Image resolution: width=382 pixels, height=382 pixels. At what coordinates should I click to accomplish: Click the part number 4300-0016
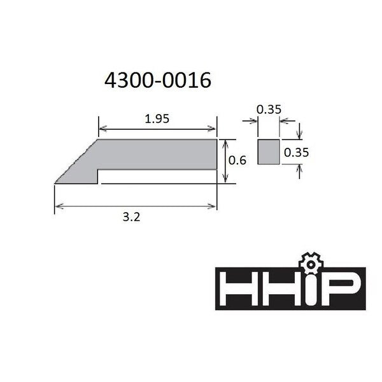(158, 80)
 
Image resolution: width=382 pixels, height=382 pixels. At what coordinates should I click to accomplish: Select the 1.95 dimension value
(157, 119)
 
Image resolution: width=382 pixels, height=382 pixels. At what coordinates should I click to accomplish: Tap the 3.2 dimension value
(131, 217)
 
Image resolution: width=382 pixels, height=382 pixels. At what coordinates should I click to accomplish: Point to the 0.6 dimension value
(237, 160)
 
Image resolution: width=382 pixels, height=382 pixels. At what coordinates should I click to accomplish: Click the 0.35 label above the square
(269, 110)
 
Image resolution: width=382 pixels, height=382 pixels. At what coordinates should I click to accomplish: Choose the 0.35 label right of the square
(296, 152)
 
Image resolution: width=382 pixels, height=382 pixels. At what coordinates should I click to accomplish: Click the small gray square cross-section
(269, 152)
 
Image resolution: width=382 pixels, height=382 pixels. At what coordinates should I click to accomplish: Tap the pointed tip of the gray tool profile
(55, 183)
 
